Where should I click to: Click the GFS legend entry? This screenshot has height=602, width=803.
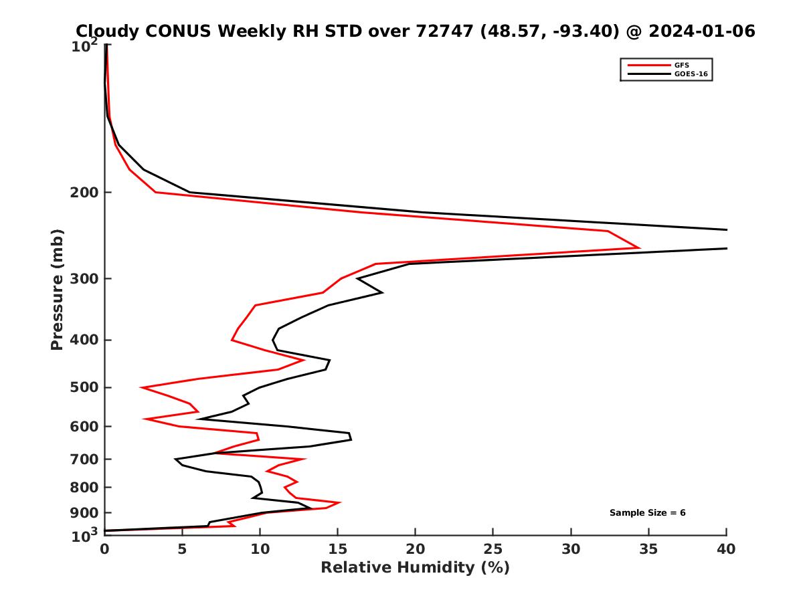point(682,65)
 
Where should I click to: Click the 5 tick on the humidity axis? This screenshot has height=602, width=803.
point(182,549)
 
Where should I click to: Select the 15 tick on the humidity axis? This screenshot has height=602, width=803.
point(338,549)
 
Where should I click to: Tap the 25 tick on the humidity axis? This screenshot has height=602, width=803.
point(493,549)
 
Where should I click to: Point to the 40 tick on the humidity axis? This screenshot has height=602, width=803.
point(727,549)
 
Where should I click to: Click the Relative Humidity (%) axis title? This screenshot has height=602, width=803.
point(415,568)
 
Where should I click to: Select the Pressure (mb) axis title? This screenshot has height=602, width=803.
point(57,289)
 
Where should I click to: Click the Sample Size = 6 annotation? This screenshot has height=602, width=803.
point(647,513)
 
